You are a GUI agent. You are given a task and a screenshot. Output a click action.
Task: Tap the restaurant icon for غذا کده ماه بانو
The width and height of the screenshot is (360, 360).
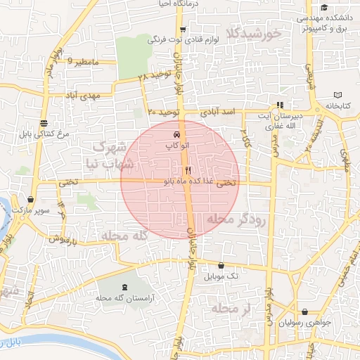(188, 171)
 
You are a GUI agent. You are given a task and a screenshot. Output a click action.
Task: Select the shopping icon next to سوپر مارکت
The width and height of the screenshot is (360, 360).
(30, 200)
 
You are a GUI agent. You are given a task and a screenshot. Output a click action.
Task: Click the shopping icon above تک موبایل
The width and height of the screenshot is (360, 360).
(222, 266)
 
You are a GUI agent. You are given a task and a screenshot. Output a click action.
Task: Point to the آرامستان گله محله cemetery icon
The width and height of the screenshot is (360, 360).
(125, 287)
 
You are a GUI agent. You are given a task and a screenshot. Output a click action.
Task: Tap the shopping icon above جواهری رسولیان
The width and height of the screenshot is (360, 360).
(304, 311)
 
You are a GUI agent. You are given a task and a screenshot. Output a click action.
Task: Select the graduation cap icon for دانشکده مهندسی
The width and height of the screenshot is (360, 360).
(323, 6)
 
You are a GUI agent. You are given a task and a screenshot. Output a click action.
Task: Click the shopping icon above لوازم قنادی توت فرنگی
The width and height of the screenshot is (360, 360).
(183, 30)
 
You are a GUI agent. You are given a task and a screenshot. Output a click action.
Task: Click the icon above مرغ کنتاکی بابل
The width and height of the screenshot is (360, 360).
(44, 123)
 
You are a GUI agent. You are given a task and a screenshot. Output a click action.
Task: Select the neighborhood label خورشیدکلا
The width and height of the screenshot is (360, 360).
(254, 32)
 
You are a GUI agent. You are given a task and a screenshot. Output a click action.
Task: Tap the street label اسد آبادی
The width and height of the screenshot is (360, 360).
(220, 112)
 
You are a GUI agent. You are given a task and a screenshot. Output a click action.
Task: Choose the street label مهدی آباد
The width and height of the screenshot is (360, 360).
(82, 95)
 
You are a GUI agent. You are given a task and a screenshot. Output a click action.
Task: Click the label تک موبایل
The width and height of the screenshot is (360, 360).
(221, 276)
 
